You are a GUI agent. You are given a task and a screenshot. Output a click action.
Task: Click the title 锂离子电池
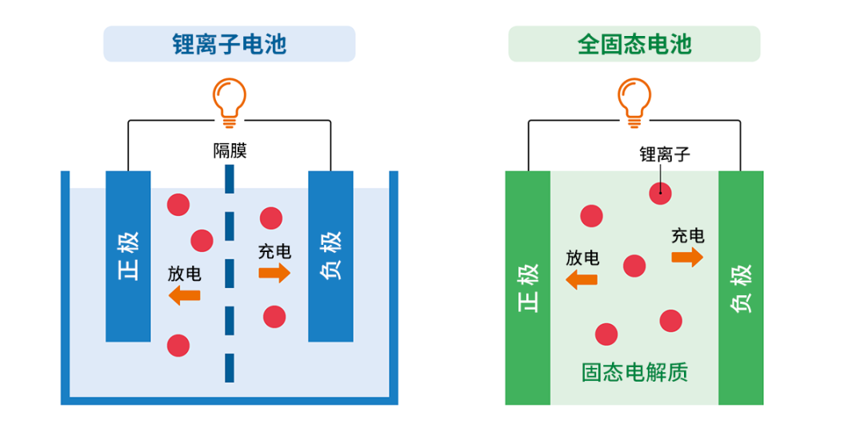click(x=229, y=44)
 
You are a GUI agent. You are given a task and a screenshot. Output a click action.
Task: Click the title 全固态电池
click(x=634, y=44)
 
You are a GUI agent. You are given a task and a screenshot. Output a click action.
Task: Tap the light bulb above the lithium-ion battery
click(x=229, y=102)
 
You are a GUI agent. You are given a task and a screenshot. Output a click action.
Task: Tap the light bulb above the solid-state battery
click(x=634, y=102)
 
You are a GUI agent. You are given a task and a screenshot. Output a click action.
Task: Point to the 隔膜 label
click(x=229, y=150)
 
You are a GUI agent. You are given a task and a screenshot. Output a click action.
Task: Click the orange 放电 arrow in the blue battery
click(x=185, y=295)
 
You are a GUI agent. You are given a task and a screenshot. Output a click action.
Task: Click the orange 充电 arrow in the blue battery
click(x=274, y=273)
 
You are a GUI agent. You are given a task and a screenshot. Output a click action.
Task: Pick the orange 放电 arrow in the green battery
click(x=582, y=279)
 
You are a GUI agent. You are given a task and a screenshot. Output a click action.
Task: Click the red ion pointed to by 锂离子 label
click(x=660, y=192)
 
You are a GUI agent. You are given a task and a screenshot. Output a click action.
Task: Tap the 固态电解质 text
click(x=634, y=372)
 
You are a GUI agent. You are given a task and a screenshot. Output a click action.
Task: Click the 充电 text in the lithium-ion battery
click(x=274, y=251)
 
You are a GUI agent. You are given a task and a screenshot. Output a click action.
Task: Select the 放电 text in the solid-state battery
click(x=582, y=258)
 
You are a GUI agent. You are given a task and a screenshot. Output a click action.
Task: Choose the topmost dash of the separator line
click(x=230, y=180)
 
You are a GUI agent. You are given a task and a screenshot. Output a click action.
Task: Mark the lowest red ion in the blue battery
click(x=178, y=346)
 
